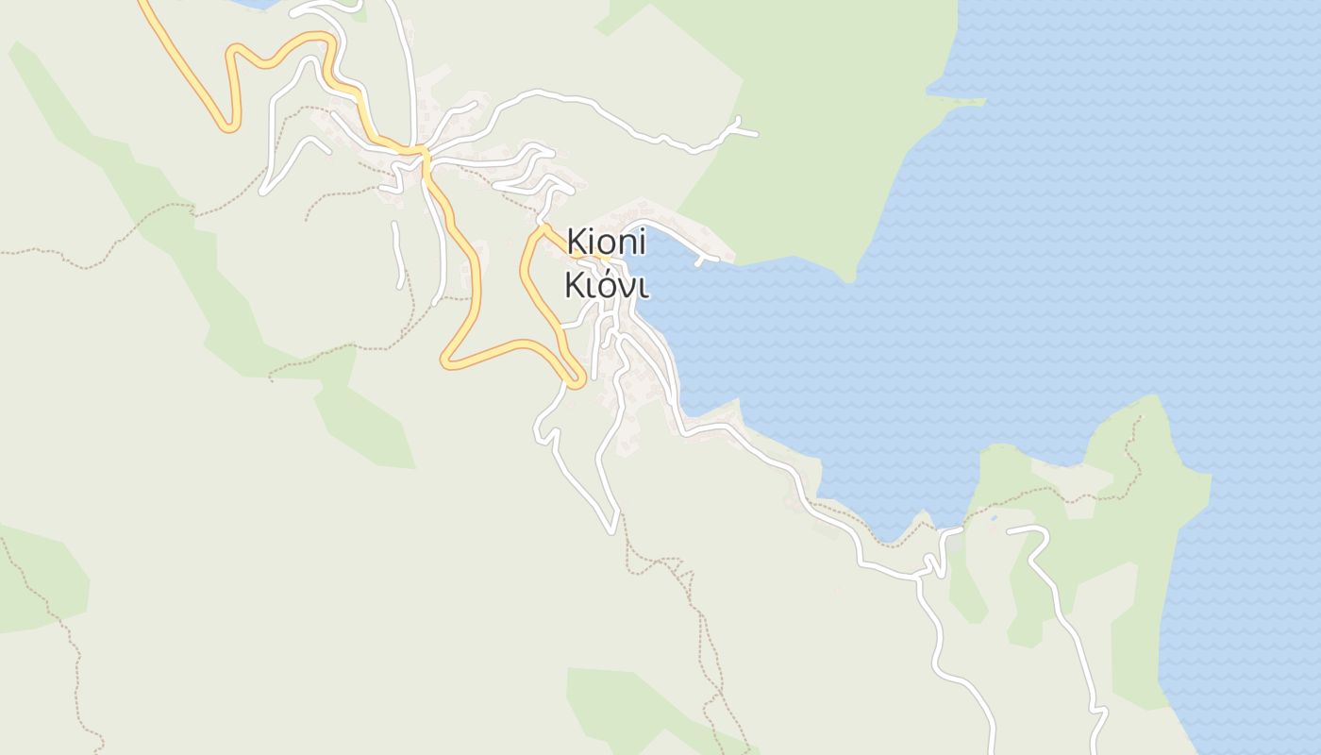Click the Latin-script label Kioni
point(607,243)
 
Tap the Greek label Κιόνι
point(606,285)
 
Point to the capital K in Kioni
point(577,243)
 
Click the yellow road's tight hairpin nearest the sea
point(577,382)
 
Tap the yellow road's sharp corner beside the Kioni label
point(541,228)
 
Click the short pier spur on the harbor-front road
point(699,261)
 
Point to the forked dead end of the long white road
point(739,128)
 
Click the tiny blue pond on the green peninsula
point(992,517)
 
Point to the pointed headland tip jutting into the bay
point(850,277)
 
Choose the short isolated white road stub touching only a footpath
point(398,255)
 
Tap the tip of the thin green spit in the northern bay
point(981,101)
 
